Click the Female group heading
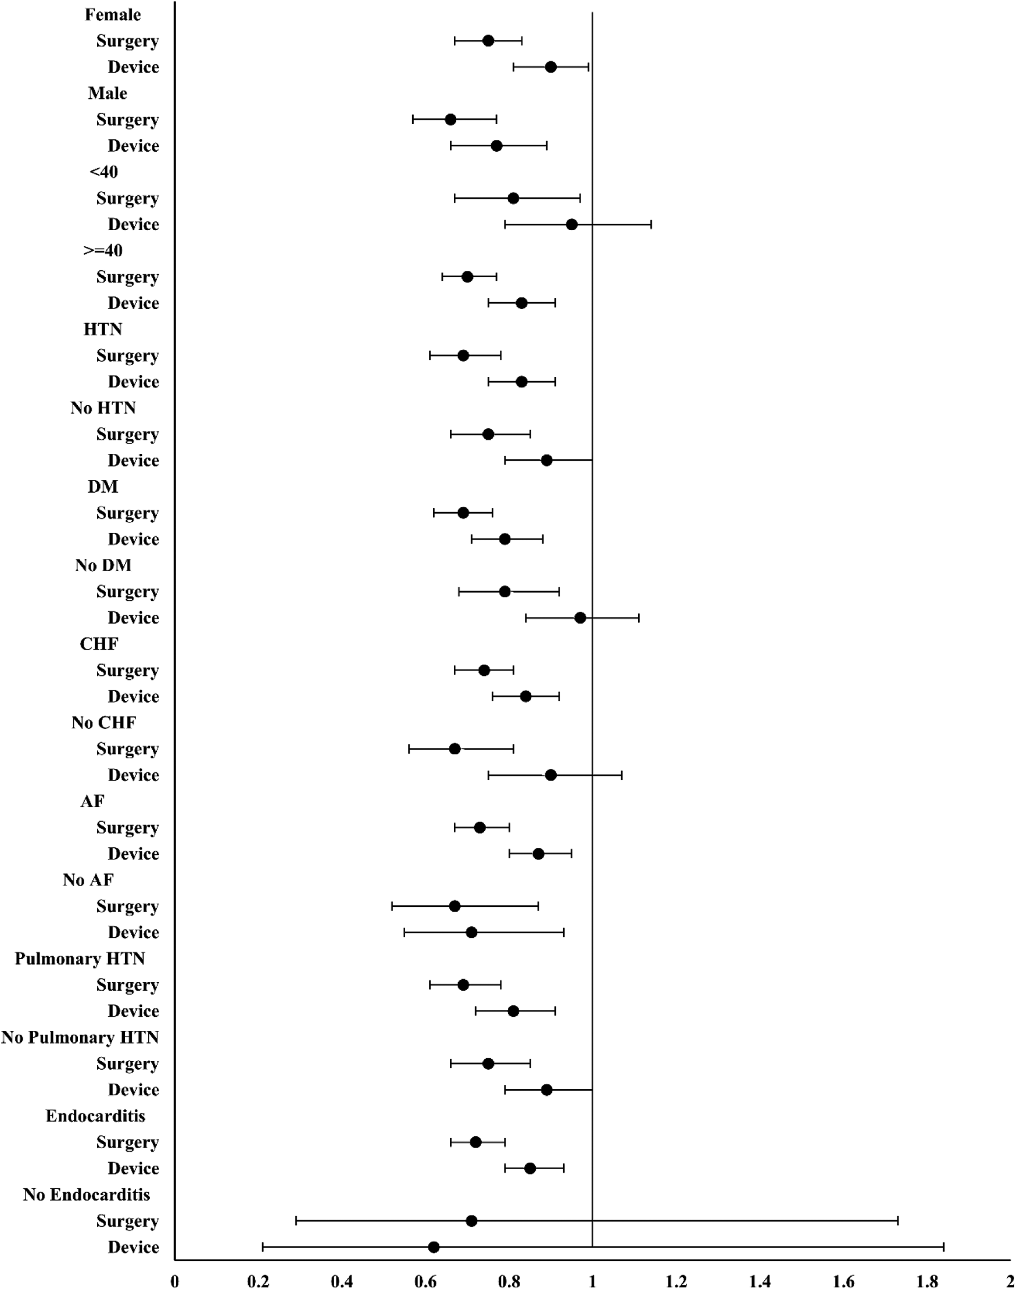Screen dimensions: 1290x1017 [113, 15]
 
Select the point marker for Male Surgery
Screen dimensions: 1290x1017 [450, 119]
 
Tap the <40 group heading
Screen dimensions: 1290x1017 [103, 172]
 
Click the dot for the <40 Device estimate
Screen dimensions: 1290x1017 [571, 224]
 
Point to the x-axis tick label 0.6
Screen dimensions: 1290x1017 [425, 1281]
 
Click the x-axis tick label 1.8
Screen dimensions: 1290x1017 [927, 1281]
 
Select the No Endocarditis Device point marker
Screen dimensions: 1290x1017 [434, 1247]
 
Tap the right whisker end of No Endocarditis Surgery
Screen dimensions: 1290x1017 [897, 1221]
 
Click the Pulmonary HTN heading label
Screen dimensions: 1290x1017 [80, 958]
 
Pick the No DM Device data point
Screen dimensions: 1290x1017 [580, 618]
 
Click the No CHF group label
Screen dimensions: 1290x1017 [103, 723]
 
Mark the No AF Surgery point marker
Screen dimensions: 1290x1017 [454, 906]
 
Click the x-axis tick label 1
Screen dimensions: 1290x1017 [592, 1281]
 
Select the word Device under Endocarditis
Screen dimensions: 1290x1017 [134, 1169]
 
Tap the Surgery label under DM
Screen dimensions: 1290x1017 [127, 513]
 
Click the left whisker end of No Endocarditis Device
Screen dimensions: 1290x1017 [263, 1247]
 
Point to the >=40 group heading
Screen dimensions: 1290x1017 [103, 250]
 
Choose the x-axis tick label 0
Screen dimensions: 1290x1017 [174, 1281]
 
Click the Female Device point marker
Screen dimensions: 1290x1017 [551, 67]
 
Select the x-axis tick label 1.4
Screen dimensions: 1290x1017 [760, 1281]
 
